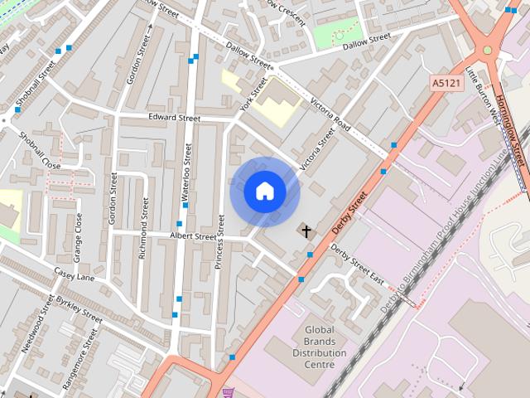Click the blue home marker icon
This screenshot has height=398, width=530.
(265, 192)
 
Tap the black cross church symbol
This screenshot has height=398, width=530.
(306, 231)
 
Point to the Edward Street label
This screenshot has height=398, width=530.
(175, 119)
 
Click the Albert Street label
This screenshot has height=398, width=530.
(193, 236)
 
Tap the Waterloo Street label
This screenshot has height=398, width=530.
(188, 175)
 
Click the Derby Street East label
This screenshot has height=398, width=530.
(357, 263)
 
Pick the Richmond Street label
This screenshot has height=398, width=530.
(144, 229)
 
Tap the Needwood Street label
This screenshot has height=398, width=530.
(37, 323)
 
